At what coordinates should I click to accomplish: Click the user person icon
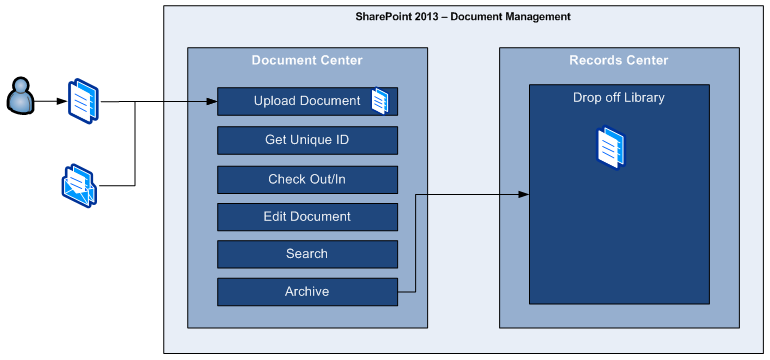coord(21,96)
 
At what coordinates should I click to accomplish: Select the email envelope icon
coord(79,186)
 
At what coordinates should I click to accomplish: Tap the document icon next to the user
coord(83,101)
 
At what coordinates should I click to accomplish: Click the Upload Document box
coord(307,101)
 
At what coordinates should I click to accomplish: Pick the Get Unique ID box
coord(307,140)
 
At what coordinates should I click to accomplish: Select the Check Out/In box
coord(307,180)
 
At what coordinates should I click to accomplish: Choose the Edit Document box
coord(307,217)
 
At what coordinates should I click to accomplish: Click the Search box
coord(307,254)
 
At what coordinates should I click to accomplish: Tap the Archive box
coord(307,292)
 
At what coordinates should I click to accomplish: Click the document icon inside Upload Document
coord(380,101)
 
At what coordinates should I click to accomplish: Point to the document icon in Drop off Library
coord(611,147)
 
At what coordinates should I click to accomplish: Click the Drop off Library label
coord(619,97)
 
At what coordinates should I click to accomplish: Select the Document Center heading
coord(307,60)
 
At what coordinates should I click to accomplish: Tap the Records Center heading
coord(619,60)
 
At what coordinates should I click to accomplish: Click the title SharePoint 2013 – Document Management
coord(463,17)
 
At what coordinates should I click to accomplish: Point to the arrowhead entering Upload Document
coord(212,102)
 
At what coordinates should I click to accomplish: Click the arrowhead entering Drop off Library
coord(523,194)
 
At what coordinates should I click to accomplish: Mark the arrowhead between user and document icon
coord(62,102)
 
